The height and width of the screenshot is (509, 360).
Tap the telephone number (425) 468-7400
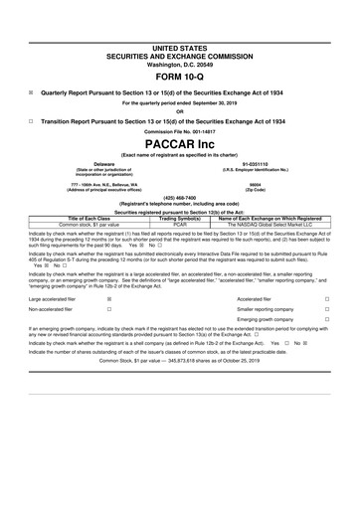point(180,198)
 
